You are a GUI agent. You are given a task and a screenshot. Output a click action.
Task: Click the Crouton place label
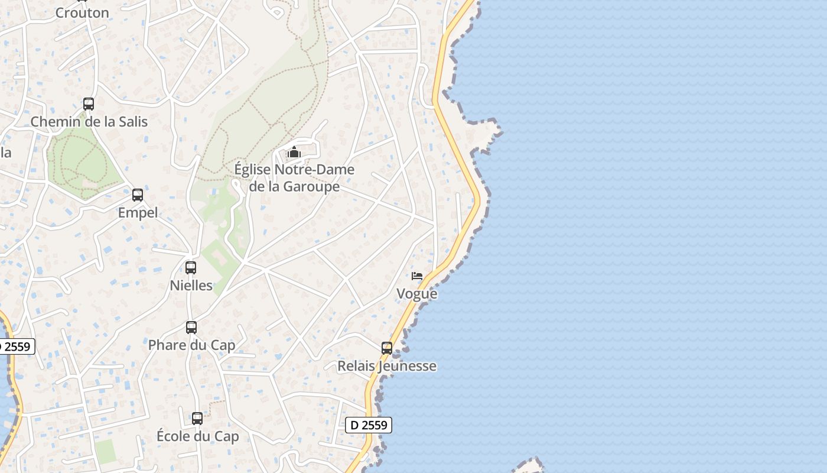(x=82, y=12)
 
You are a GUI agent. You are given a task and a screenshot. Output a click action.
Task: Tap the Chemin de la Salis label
(x=89, y=122)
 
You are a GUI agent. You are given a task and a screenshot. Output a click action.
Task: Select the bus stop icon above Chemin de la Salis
(x=89, y=104)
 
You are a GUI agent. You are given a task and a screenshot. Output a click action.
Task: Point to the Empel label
(x=138, y=213)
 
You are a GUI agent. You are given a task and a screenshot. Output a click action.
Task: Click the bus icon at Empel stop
(x=138, y=195)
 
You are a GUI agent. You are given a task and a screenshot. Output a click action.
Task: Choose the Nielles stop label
(x=191, y=285)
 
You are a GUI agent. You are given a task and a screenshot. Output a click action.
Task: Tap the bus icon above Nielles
(x=190, y=268)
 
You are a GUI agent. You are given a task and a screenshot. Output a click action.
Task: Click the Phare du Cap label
(x=191, y=345)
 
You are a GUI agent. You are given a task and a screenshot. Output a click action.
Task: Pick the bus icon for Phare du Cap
(x=191, y=327)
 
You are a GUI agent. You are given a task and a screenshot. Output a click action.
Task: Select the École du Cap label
(x=197, y=436)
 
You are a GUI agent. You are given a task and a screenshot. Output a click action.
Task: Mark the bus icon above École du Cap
(x=197, y=419)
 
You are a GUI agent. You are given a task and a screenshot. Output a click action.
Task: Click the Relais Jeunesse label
(x=387, y=366)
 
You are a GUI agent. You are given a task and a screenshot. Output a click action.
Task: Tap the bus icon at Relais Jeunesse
(x=387, y=348)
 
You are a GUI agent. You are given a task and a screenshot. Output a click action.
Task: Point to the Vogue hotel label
(x=417, y=294)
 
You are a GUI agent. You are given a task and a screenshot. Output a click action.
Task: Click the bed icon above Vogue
(x=417, y=276)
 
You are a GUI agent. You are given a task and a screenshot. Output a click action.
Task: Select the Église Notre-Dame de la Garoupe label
(x=294, y=178)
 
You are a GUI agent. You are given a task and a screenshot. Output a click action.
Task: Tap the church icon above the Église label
(x=294, y=153)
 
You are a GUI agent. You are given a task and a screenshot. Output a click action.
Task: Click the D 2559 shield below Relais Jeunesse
(x=369, y=425)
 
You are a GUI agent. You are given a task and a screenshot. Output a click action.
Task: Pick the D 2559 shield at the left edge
(x=15, y=346)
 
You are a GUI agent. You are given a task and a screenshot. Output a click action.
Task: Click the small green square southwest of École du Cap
(x=105, y=451)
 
